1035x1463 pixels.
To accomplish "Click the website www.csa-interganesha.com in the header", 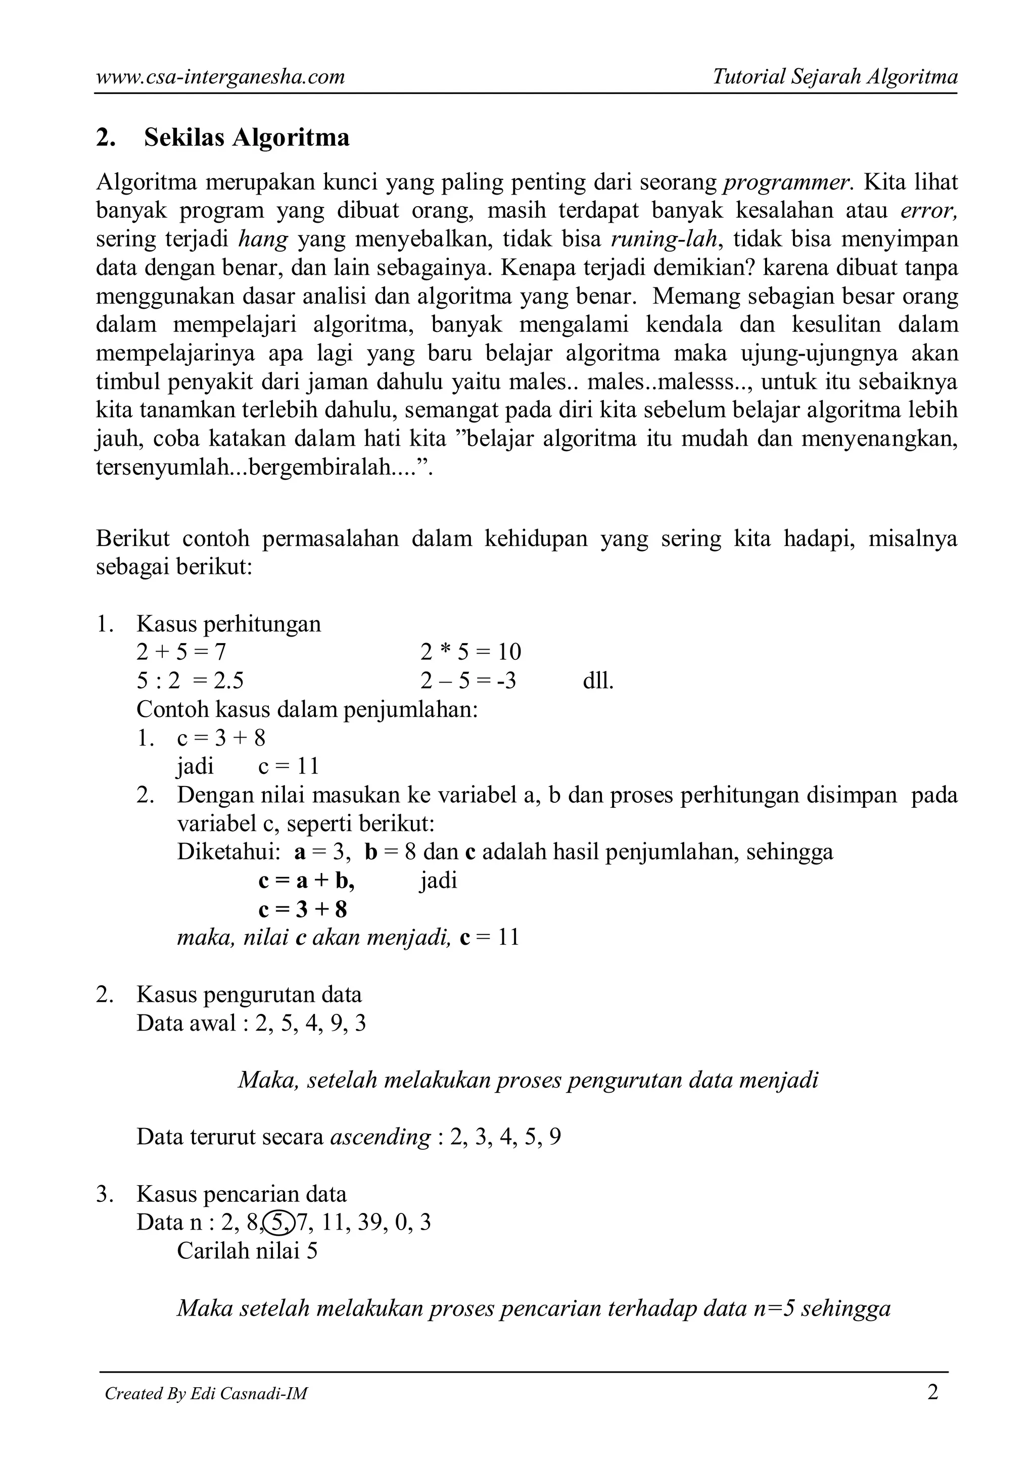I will coord(220,77).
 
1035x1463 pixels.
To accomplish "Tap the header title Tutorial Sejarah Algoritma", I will coord(834,77).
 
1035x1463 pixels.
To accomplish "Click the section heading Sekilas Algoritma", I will coord(246,137).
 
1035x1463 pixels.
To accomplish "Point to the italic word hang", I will coord(263,239).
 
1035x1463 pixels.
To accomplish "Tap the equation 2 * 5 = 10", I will coord(471,652).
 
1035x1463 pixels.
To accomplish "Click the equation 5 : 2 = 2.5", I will coord(190,681).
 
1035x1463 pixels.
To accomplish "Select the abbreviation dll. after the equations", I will coord(598,681).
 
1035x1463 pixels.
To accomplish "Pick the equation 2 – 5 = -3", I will coord(468,681).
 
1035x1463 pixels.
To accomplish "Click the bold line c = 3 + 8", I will coord(302,909).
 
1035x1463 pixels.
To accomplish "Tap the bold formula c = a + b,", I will coord(306,881).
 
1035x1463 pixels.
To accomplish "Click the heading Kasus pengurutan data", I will coord(249,995).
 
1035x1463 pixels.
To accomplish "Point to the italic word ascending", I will coord(380,1137).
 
